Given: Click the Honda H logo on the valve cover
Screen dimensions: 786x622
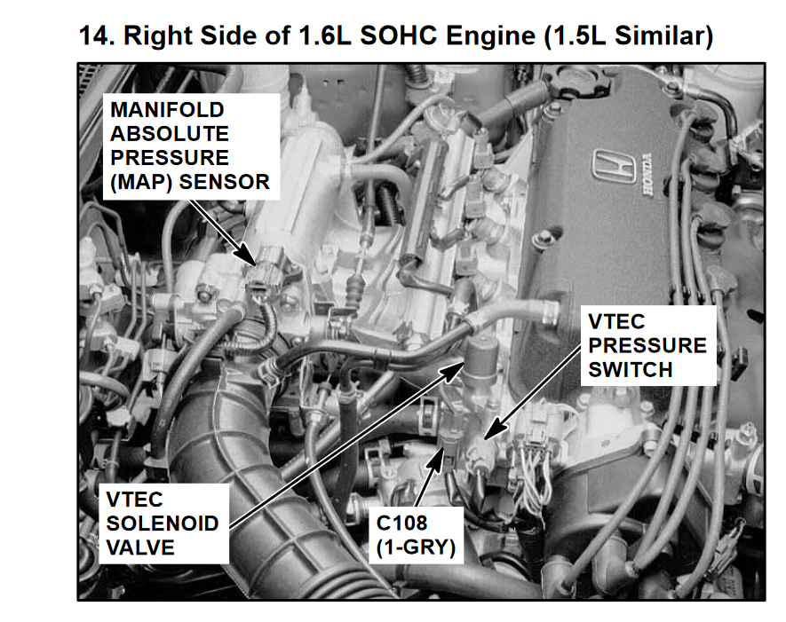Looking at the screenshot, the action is click(612, 165).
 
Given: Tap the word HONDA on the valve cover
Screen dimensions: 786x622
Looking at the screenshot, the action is click(647, 174).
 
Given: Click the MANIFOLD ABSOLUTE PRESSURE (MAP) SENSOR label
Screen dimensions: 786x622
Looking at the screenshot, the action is click(190, 146).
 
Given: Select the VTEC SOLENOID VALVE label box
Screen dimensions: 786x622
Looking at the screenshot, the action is click(163, 524).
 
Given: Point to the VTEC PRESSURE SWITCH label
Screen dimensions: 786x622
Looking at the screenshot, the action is click(648, 345).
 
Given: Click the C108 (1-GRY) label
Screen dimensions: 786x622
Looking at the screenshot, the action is click(416, 535).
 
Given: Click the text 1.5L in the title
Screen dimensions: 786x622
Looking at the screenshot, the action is click(575, 36).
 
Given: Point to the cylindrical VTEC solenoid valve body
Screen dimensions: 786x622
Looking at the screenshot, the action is click(480, 357).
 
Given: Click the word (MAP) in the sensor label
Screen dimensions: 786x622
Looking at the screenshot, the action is click(141, 182).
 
